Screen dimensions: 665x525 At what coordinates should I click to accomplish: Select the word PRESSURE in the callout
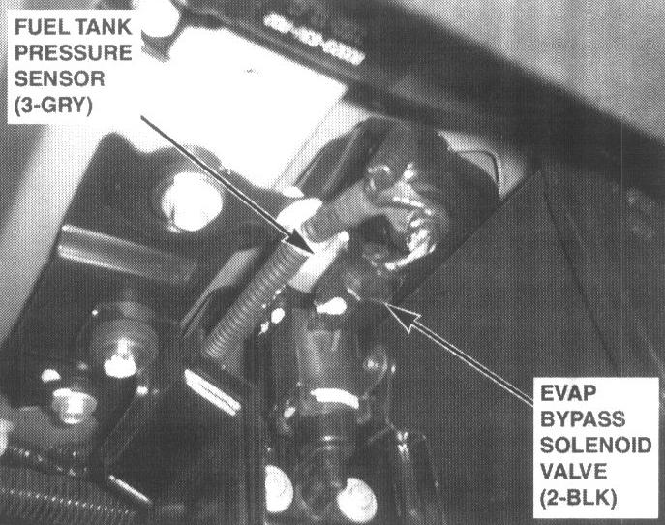[74, 53]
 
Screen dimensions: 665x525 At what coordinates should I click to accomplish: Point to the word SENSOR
[59, 78]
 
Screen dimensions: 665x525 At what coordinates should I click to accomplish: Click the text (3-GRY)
[53, 106]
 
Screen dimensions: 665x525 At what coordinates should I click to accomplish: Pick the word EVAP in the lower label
[568, 393]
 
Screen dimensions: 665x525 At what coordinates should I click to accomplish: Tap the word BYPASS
[583, 419]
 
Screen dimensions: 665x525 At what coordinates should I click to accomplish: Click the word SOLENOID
[595, 446]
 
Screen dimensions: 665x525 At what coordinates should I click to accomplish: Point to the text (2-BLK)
[579, 498]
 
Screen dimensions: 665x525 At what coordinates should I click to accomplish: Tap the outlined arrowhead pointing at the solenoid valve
[401, 315]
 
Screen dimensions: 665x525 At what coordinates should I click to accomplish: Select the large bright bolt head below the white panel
[192, 201]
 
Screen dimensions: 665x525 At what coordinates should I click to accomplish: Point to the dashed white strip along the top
[314, 38]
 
